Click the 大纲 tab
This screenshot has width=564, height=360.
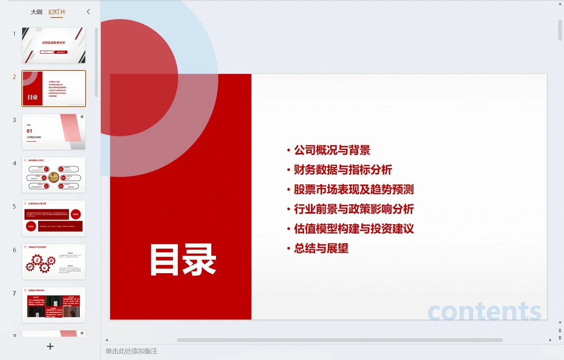(x=36, y=12)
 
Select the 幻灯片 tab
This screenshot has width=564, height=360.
(x=57, y=12)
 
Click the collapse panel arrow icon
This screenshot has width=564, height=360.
(x=88, y=12)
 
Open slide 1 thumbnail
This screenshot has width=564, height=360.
(x=54, y=45)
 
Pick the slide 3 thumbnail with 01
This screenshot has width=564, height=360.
(x=54, y=132)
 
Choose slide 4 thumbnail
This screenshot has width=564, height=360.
(x=54, y=175)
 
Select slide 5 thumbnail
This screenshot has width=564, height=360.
(x=54, y=218)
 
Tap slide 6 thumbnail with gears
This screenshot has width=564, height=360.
(x=54, y=262)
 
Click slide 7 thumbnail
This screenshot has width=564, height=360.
(x=54, y=305)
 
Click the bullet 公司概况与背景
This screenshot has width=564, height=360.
(x=332, y=150)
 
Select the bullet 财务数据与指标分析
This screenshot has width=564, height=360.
(x=343, y=170)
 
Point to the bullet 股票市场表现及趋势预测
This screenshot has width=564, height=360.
(x=353, y=190)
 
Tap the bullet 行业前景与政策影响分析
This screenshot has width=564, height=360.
(x=353, y=209)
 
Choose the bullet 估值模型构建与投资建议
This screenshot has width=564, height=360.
(x=353, y=229)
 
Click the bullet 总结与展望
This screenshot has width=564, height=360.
(x=321, y=248)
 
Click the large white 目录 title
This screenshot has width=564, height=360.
(x=183, y=260)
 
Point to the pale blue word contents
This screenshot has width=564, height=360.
(x=484, y=311)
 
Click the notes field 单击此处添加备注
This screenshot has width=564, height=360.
(x=132, y=351)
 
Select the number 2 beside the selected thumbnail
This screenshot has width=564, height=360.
(x=14, y=77)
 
